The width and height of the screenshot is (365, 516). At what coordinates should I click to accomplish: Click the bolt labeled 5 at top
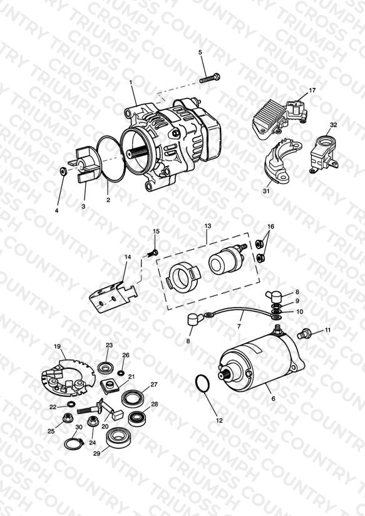click(x=210, y=78)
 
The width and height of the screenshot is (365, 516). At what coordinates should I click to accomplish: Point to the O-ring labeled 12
click(x=202, y=384)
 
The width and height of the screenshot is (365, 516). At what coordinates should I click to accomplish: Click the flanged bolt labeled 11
click(x=302, y=333)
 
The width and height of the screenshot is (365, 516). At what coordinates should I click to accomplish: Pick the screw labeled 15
click(x=152, y=253)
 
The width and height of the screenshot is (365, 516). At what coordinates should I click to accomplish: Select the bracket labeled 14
click(x=113, y=296)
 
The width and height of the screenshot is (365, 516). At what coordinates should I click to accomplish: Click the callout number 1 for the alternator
click(x=131, y=82)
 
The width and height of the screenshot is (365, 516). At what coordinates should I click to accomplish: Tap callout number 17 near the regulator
click(x=312, y=90)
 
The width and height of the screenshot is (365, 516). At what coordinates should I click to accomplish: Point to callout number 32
click(x=334, y=125)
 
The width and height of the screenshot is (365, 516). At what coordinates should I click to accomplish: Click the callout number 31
click(x=266, y=191)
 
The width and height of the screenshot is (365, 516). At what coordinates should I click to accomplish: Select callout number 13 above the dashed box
click(x=208, y=226)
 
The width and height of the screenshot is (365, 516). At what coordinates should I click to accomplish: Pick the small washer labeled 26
click(x=120, y=373)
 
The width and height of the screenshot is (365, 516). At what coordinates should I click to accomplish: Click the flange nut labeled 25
click(x=68, y=418)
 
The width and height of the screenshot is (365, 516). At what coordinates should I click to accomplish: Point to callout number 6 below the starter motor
click(x=273, y=398)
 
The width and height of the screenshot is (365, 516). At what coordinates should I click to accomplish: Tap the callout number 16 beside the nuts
click(x=270, y=227)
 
